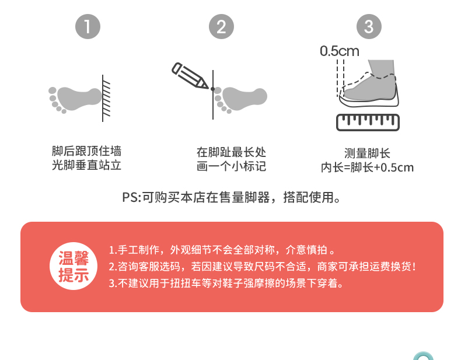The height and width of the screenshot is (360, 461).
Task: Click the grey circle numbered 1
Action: pyautogui.click(x=88, y=26)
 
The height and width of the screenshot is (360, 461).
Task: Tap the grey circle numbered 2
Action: pyautogui.click(x=221, y=26)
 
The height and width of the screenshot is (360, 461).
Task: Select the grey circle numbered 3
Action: pyautogui.click(x=369, y=26)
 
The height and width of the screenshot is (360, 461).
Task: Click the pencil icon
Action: pyautogui.click(x=190, y=75)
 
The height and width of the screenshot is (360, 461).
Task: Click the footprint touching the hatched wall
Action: pyautogui.click(x=75, y=99)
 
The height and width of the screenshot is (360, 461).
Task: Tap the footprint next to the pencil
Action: pyautogui.click(x=240, y=99)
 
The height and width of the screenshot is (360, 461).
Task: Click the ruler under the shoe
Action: pyautogui.click(x=368, y=123)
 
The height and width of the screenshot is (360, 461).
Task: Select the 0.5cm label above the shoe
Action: pyautogui.click(x=340, y=51)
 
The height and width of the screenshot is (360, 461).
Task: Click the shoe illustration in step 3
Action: pyautogui.click(x=369, y=83)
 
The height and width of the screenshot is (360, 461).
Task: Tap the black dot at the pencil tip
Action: pyautogui.click(x=212, y=89)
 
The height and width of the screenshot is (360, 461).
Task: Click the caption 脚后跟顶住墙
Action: pyautogui.click(x=86, y=151)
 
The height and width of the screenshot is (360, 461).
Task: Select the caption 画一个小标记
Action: pyautogui.click(x=232, y=166)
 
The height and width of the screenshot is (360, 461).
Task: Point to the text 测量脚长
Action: pyautogui.click(x=367, y=153)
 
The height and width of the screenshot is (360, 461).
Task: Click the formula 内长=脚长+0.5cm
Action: pyautogui.click(x=367, y=167)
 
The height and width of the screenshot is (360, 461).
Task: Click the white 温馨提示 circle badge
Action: pyautogui.click(x=74, y=266)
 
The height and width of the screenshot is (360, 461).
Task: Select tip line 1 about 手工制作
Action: pyautogui.click(x=222, y=250)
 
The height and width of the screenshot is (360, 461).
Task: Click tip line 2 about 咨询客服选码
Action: pyautogui.click(x=263, y=267)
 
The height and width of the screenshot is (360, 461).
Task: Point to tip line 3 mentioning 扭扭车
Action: pyautogui.click(x=226, y=284)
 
